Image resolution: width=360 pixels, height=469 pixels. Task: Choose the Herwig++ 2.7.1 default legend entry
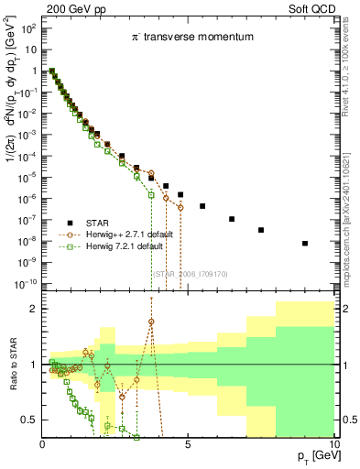(x=124, y=235)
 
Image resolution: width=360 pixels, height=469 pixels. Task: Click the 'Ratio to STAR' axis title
(x=15, y=365)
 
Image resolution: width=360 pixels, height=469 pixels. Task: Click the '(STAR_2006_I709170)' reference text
(x=190, y=274)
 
